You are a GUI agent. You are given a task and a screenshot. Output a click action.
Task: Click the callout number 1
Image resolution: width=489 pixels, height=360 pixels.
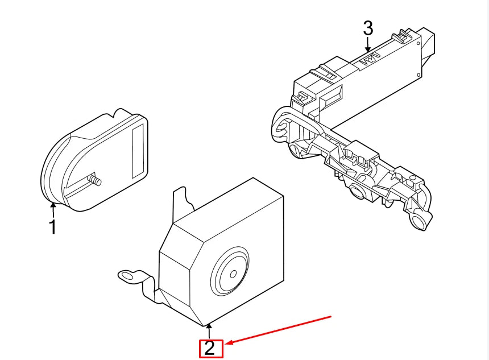coord(53,227)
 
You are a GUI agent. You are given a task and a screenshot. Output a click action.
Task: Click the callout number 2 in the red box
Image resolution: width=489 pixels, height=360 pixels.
coord(210,348)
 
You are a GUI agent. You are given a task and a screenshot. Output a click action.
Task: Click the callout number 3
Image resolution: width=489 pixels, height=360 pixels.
coord(368,28)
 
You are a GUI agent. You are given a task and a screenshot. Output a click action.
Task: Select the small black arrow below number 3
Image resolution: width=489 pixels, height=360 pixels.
coord(368,44)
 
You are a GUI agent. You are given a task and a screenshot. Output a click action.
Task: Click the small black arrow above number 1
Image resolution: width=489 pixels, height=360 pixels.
coord(53,210)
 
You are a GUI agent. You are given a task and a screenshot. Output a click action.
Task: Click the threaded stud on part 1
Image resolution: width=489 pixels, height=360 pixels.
coord(94,180)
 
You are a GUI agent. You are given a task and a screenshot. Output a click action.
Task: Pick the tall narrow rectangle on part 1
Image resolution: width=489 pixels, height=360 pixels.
coord(138,151)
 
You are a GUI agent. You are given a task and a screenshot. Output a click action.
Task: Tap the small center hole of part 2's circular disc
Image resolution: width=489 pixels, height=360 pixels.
coord(233,274)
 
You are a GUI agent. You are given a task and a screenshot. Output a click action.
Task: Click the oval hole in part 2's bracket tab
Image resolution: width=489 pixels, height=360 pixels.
coord(127,276)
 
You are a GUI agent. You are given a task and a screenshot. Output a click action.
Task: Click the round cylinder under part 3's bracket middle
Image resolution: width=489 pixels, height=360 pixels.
coord(358,191)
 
